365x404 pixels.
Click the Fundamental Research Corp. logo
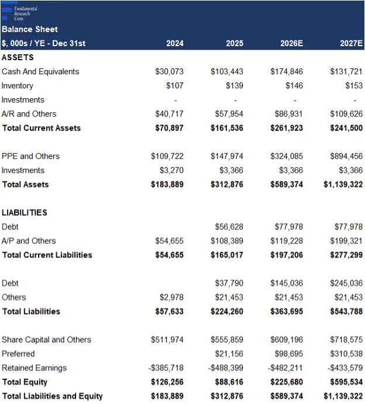point(19,13)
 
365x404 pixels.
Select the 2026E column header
point(291,43)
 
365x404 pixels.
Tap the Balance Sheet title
point(30,29)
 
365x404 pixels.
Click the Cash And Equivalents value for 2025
point(226,71)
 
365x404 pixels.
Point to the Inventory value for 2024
point(174,86)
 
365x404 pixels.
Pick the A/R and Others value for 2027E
point(346,114)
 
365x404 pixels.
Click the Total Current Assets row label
point(42,128)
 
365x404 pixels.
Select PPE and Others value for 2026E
point(287,156)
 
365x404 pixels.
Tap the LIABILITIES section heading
point(24,213)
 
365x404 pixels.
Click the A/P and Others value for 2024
point(169,241)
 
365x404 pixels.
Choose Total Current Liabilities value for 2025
point(226,255)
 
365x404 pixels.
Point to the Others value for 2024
point(171,297)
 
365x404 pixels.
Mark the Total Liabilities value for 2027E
point(346,311)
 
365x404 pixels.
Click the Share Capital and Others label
point(46,340)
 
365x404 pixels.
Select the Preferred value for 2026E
point(288,354)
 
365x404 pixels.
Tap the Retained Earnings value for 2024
point(166,368)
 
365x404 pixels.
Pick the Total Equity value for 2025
point(229,382)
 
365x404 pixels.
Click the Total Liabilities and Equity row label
point(53,396)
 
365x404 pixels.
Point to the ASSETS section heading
point(18,57)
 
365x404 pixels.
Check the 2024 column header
point(175,43)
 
